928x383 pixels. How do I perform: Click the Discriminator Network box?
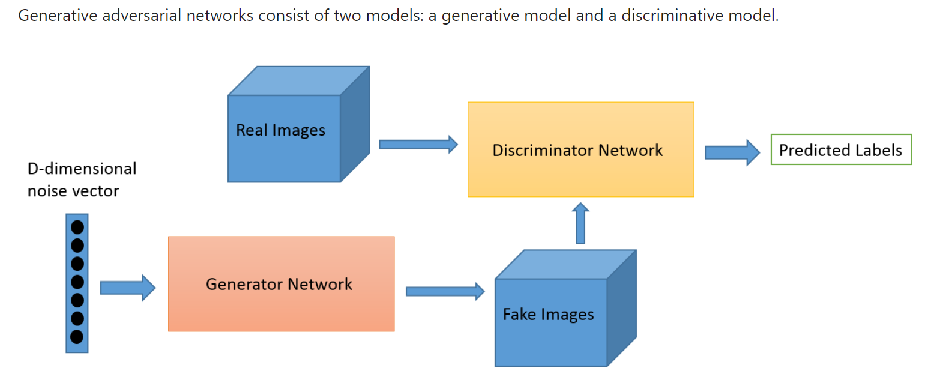(580, 149)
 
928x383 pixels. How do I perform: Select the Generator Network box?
(281, 283)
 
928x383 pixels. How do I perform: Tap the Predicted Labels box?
(840, 150)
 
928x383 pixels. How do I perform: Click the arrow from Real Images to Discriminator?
(418, 144)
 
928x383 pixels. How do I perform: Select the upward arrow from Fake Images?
(580, 223)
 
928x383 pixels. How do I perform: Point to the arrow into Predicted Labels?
(732, 152)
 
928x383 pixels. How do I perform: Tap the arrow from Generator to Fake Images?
(444, 291)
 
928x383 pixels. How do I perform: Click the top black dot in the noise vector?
(77, 227)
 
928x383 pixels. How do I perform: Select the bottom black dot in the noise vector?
(77, 337)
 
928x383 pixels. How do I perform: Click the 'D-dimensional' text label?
(82, 169)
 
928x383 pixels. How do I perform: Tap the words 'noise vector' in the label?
(73, 191)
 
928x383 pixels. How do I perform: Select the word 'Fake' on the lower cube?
(520, 314)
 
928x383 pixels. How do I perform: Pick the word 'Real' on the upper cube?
(252, 130)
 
